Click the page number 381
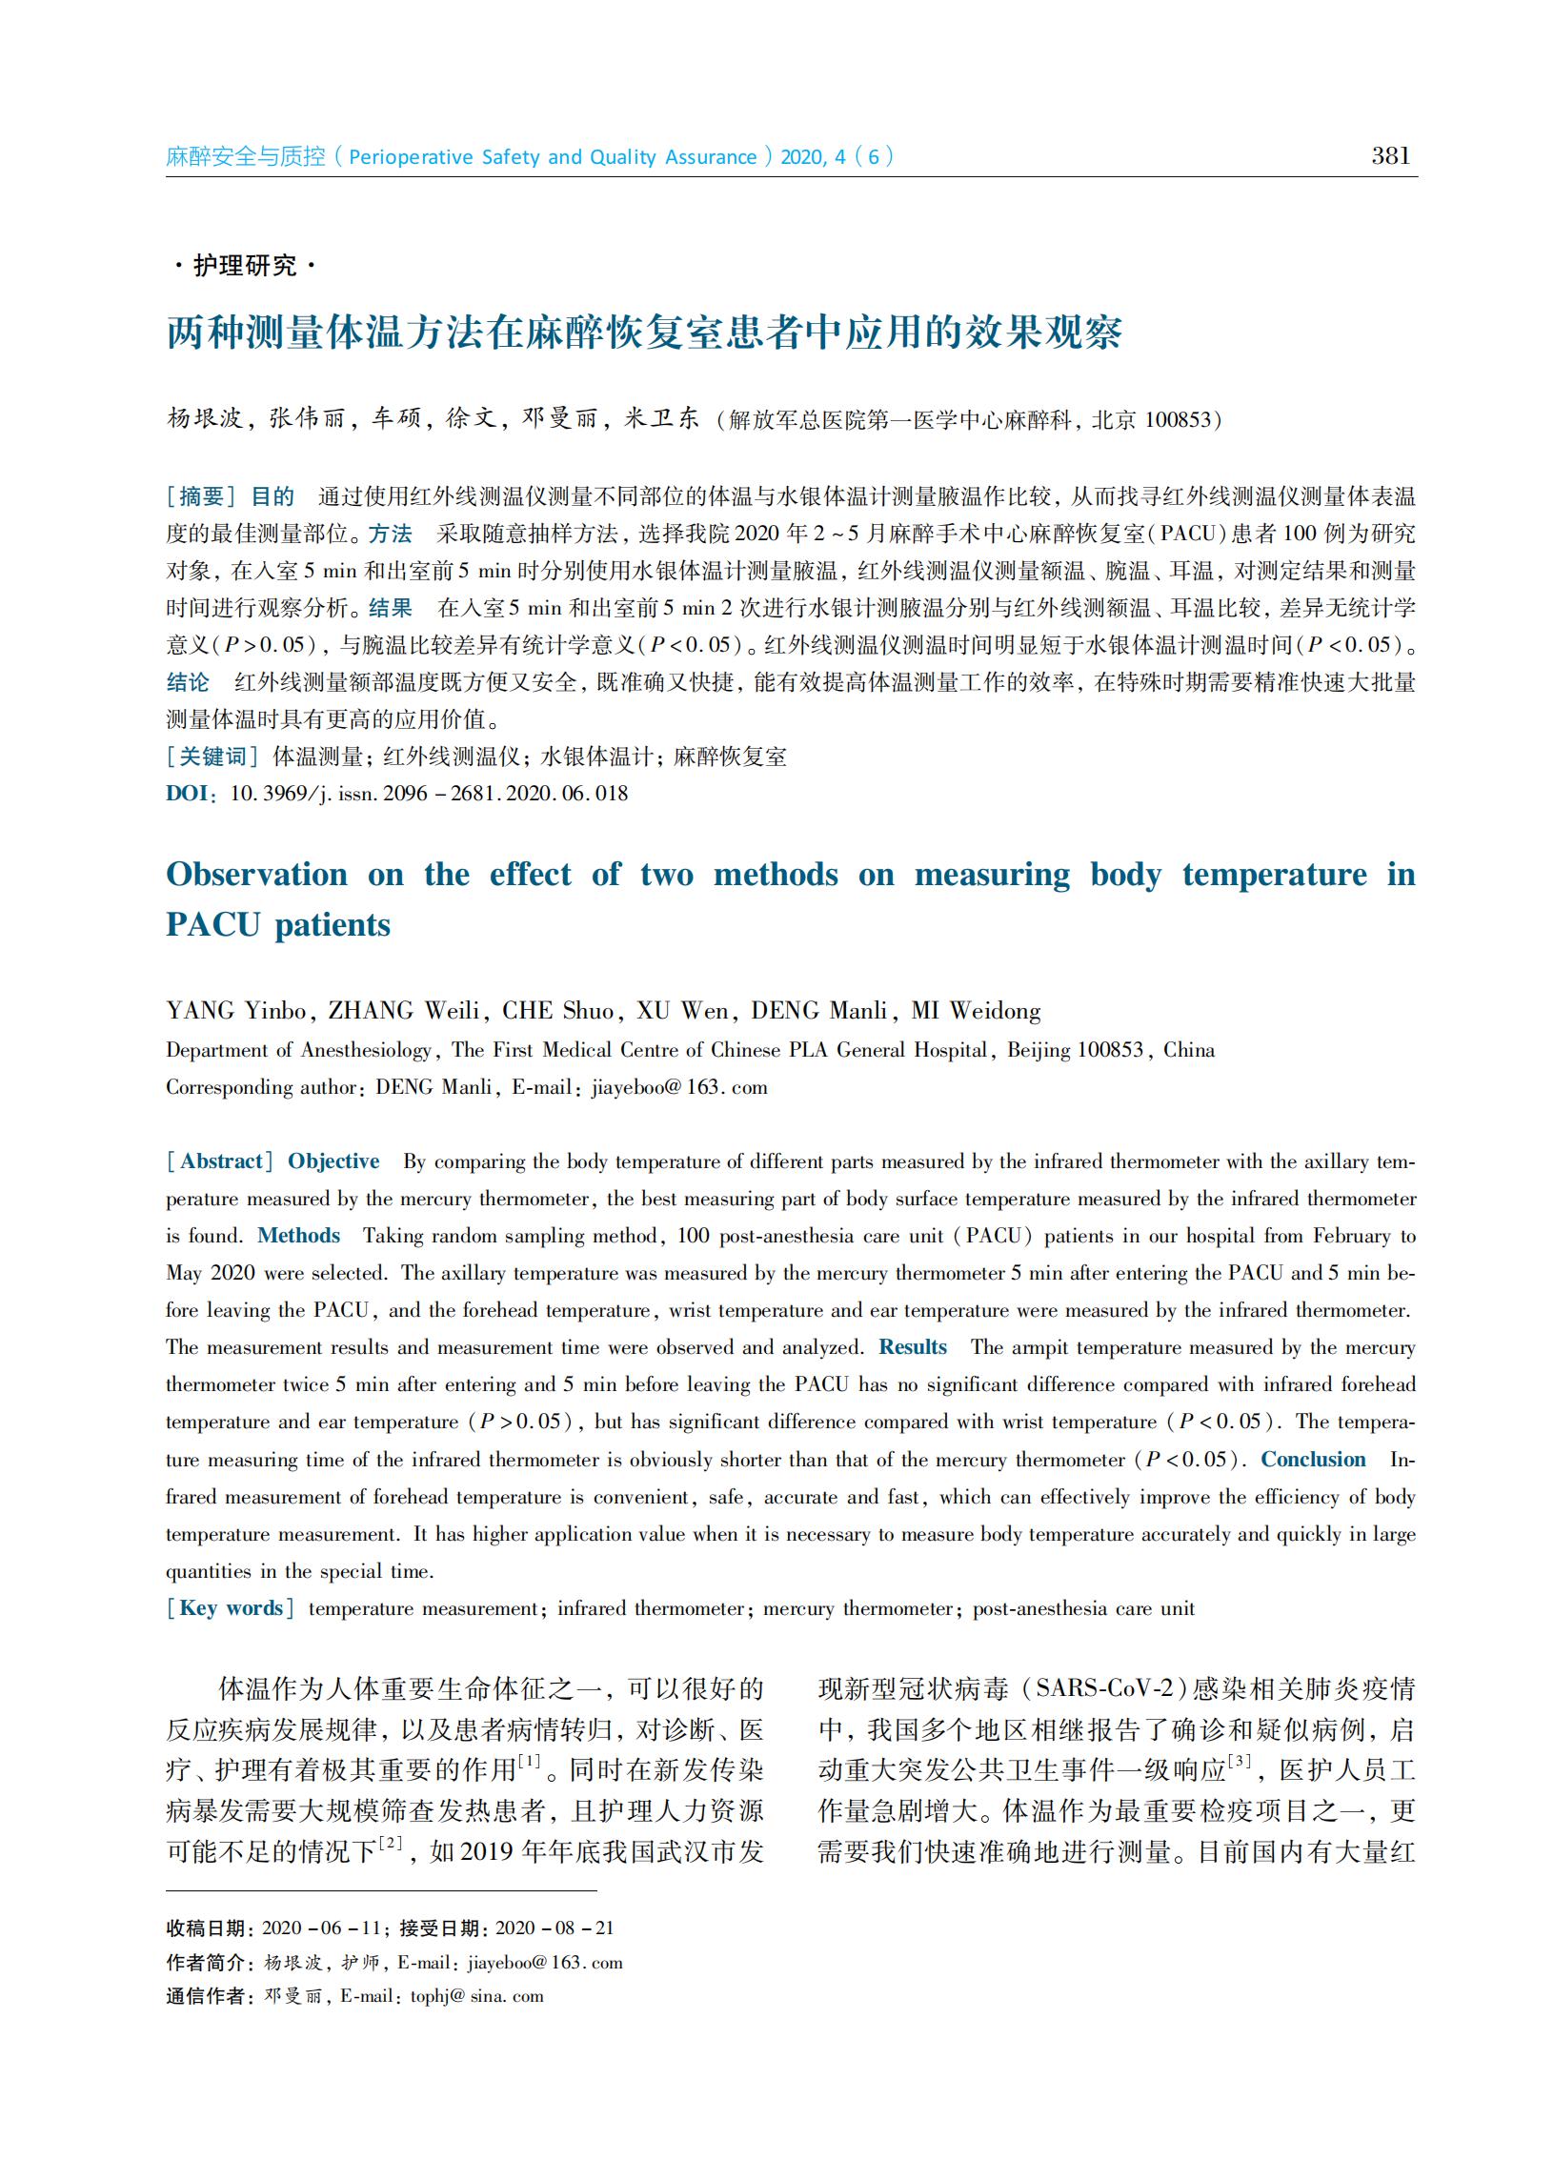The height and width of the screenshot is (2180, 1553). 1390,156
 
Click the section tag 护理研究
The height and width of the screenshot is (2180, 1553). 245,265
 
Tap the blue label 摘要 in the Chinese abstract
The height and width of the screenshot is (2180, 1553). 202,496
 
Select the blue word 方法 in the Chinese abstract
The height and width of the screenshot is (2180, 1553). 391,534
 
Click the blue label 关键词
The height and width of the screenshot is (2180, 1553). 213,757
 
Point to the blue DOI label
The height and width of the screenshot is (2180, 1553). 188,794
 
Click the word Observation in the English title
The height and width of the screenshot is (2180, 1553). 256,874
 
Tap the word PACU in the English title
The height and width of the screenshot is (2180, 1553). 212,924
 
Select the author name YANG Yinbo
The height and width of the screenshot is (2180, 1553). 236,1011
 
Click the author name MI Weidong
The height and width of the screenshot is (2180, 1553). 976,1011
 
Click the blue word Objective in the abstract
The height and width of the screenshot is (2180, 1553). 333,1161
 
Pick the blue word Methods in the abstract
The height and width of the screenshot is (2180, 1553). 298,1236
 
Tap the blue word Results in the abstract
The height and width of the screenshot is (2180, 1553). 913,1347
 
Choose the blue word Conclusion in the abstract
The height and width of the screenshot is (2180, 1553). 1313,1459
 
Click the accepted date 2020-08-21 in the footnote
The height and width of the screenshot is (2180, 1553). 555,1928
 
